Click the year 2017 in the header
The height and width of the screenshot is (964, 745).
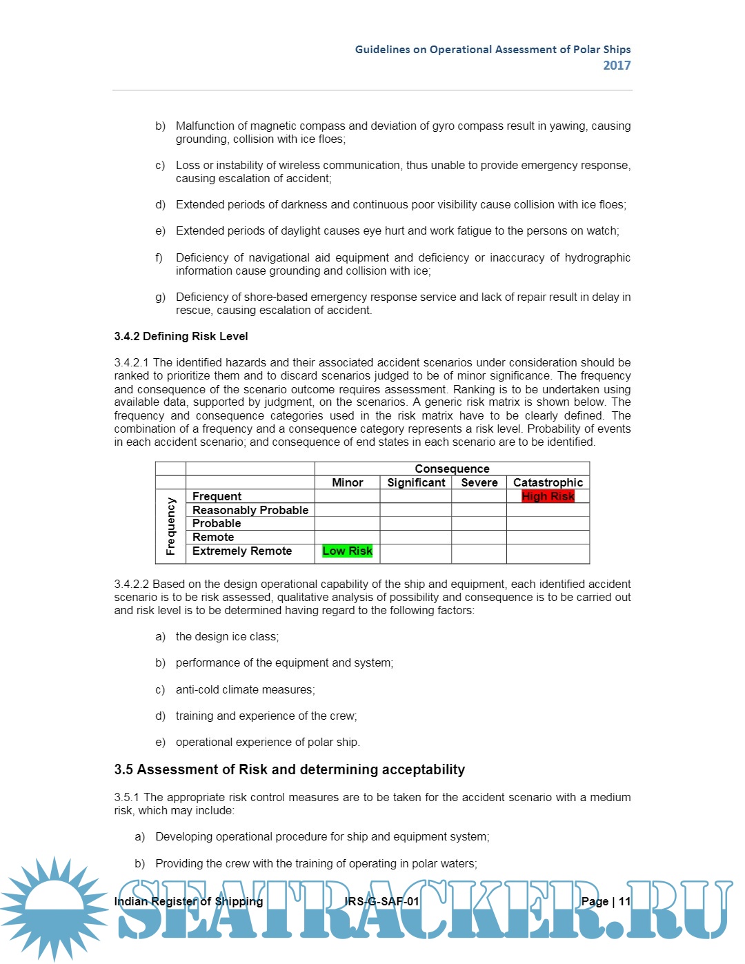coord(617,66)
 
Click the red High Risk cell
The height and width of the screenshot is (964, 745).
coord(548,496)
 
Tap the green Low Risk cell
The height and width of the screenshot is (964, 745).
coord(347,551)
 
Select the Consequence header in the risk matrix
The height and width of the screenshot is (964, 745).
coord(452,469)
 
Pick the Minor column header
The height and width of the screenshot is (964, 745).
coord(347,482)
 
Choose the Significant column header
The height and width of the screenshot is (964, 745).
coord(416,482)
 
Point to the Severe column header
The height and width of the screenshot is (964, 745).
coord(479,482)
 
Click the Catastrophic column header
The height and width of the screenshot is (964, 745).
coord(548,482)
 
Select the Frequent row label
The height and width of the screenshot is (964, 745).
coord(217,496)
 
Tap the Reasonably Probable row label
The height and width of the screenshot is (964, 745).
coord(250,510)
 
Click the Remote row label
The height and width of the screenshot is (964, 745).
coord(213,537)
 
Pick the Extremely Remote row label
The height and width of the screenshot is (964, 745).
coord(241,551)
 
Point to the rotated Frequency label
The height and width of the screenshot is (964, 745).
coord(170,526)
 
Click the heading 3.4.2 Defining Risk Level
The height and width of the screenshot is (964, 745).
coord(181,336)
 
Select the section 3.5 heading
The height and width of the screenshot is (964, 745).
coord(289,769)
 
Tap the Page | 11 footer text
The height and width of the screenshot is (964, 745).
coord(606,901)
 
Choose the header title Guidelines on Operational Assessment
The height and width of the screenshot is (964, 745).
coord(493,50)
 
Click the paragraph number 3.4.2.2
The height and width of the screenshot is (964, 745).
coord(131,584)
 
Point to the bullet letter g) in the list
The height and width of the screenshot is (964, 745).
coord(160,297)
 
